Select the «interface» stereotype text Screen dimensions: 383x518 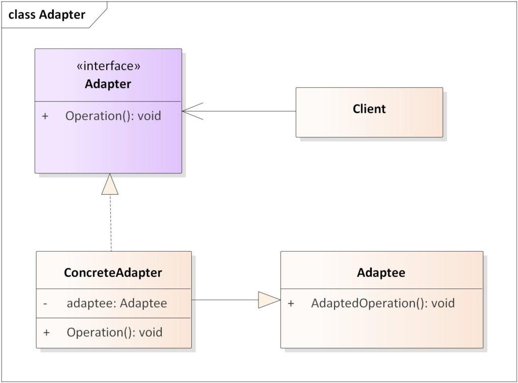tap(108, 67)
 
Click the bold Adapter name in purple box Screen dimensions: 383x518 tap(108, 84)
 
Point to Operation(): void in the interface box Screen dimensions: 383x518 tap(113, 116)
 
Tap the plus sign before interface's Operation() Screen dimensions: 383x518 tap(46, 116)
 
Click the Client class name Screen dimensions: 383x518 tap(369, 109)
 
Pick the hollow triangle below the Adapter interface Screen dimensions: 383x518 tap(110, 185)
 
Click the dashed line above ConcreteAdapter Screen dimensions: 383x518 tap(110, 222)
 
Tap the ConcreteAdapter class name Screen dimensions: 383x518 tap(113, 273)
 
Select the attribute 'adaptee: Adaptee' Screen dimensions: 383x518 tap(116, 304)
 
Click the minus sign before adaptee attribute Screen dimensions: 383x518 tap(46, 304)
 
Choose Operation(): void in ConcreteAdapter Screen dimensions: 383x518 tap(114, 332)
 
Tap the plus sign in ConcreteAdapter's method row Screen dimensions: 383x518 tap(47, 332)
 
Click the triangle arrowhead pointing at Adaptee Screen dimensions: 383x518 tap(268, 300)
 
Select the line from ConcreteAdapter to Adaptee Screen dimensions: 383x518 tap(225, 300)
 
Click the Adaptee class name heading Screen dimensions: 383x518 tap(381, 273)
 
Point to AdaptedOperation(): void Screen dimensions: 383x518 tap(382, 303)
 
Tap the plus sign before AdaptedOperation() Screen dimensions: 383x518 tap(291, 303)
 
